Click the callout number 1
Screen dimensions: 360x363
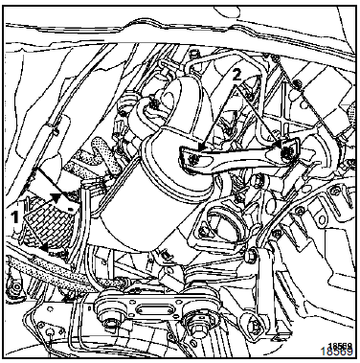point(14,217)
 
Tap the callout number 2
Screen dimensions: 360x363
point(236,76)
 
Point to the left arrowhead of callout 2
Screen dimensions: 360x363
point(201,147)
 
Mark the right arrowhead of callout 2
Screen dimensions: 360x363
point(280,145)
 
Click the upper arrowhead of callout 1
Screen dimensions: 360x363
point(56,198)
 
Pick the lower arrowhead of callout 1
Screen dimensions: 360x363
point(46,246)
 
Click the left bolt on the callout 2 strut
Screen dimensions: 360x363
point(192,159)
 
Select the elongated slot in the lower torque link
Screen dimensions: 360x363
point(151,309)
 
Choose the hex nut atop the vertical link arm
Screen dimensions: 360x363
point(251,255)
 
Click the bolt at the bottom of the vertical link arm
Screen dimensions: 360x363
point(255,326)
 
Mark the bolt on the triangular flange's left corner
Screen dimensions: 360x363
point(203,229)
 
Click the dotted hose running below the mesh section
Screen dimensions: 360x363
point(64,271)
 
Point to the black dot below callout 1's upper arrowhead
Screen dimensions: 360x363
point(70,209)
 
